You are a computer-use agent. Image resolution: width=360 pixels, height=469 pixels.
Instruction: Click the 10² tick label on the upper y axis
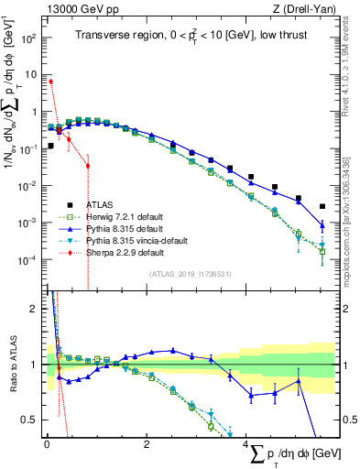coord(28,38)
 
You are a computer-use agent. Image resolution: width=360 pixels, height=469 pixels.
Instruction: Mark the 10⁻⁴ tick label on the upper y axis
coord(27,260)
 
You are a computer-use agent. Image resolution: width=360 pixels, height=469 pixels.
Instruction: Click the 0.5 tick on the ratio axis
coord(29,420)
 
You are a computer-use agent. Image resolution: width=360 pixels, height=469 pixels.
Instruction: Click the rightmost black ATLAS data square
coord(322,207)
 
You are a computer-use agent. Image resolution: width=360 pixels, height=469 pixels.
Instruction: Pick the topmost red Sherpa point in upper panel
coord(50,82)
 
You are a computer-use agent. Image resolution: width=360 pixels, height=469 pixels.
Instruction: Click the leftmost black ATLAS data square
coord(50,145)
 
